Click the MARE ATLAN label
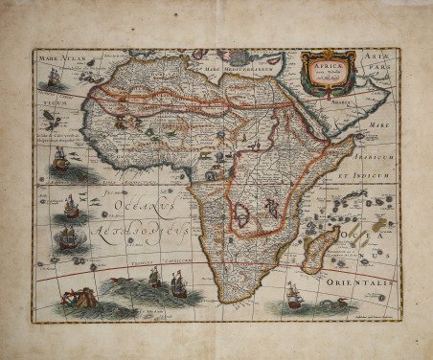(63, 59)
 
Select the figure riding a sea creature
(79, 296)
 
